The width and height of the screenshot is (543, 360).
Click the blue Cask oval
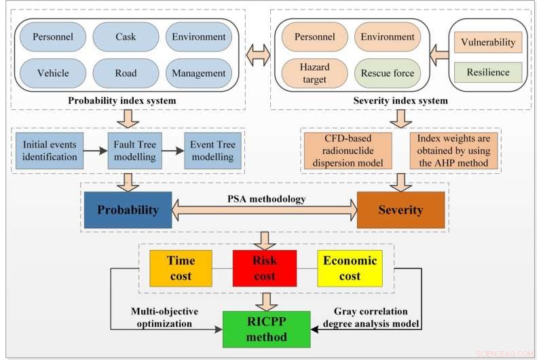[x=126, y=37]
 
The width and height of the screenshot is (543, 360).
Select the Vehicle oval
[x=52, y=73]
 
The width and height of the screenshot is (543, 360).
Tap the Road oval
[x=126, y=73]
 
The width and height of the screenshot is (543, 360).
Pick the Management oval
[x=199, y=73]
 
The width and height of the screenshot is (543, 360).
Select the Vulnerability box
[x=487, y=42]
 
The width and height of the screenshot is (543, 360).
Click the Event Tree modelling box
[x=211, y=150]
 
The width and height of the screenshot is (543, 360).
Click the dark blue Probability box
[x=128, y=210]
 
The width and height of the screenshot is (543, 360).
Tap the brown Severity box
[x=400, y=210]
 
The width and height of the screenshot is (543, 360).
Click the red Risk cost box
[x=264, y=268]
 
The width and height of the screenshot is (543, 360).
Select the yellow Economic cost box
[x=350, y=268]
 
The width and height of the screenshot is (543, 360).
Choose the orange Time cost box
[x=181, y=268]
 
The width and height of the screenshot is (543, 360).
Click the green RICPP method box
[x=266, y=328]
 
